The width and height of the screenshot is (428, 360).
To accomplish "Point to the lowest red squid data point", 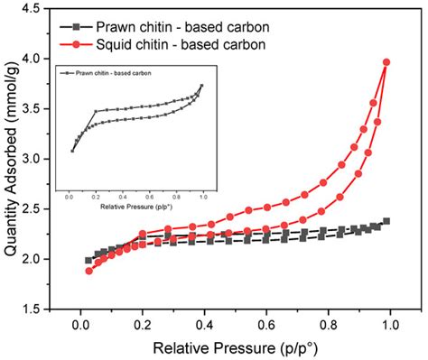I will [x=88, y=271].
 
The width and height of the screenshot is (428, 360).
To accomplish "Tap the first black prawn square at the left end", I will [x=88, y=260].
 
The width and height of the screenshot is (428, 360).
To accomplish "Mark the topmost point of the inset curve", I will [x=201, y=86].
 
